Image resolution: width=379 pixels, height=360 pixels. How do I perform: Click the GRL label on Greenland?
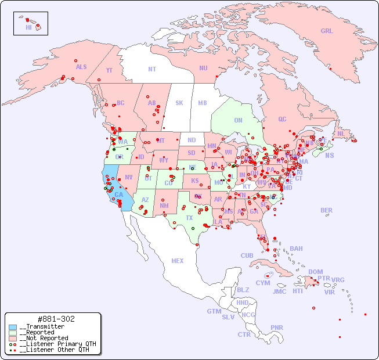point(327,31)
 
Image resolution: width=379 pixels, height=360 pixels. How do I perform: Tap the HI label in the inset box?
point(28,27)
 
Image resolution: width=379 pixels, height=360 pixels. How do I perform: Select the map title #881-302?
point(55,319)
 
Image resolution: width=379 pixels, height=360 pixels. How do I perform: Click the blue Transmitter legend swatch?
point(13,327)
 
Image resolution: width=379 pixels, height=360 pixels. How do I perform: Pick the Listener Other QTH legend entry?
point(54,350)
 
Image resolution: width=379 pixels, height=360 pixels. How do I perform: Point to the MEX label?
point(178,261)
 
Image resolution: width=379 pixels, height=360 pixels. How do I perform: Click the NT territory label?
point(152,69)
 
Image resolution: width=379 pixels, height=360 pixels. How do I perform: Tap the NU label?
point(203,69)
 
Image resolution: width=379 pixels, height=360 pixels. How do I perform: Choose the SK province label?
point(179,103)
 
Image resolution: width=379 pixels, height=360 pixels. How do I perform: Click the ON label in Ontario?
point(238,121)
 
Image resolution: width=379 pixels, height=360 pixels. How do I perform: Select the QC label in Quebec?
point(282,120)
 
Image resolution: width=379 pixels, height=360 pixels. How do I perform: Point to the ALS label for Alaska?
point(81,67)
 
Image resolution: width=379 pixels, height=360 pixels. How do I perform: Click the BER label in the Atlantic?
point(327,211)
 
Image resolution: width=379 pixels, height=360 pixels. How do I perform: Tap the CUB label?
point(247,256)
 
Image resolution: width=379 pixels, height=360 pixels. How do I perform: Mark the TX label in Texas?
point(189,218)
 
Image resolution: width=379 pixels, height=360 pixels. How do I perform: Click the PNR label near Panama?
point(277,327)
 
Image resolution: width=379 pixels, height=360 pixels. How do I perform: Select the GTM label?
point(214,312)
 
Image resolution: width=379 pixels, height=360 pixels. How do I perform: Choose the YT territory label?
point(109,70)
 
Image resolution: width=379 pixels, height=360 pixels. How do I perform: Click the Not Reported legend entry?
point(44,338)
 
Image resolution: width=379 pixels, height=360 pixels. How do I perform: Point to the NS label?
point(329,156)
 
